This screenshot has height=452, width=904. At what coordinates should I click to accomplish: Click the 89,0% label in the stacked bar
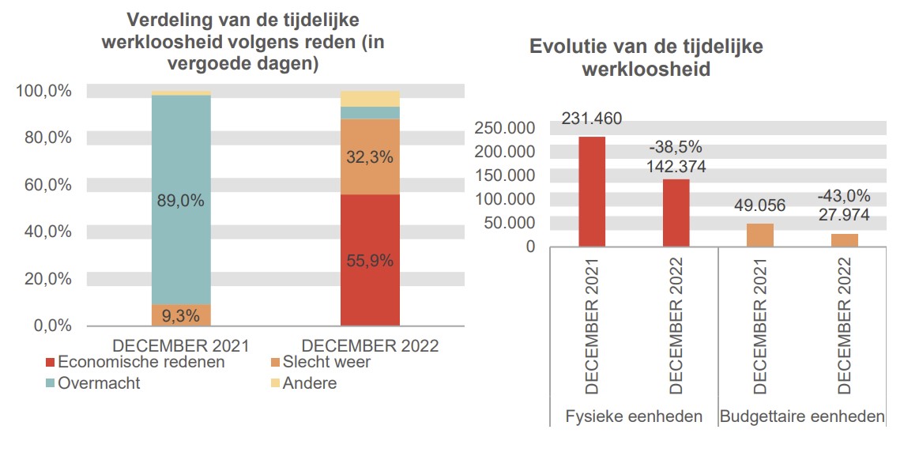pyautogui.click(x=181, y=201)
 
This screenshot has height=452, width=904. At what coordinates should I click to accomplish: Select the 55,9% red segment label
pyautogui.click(x=370, y=261)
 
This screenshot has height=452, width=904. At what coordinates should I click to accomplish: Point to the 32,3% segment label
pyautogui.click(x=370, y=157)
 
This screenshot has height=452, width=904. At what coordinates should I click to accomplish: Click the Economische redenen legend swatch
pyautogui.click(x=51, y=363)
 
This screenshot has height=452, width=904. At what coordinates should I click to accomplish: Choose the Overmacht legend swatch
pyautogui.click(x=51, y=383)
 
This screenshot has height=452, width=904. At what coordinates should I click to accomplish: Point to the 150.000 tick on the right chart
pyautogui.click(x=504, y=175)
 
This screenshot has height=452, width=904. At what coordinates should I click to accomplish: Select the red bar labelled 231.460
pyautogui.click(x=592, y=192)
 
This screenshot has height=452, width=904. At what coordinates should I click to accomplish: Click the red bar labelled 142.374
pyautogui.click(x=676, y=213)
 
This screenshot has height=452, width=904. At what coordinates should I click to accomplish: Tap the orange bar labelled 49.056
pyautogui.click(x=760, y=235)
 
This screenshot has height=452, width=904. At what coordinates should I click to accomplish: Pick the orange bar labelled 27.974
pyautogui.click(x=844, y=240)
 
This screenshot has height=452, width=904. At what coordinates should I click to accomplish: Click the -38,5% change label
pyautogui.click(x=676, y=147)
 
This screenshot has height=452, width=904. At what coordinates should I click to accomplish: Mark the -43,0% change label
pyautogui.click(x=844, y=195)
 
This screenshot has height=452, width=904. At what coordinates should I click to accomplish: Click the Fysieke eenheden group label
pyautogui.click(x=634, y=416)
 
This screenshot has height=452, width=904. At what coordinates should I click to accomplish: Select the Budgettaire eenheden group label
pyautogui.click(x=802, y=416)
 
